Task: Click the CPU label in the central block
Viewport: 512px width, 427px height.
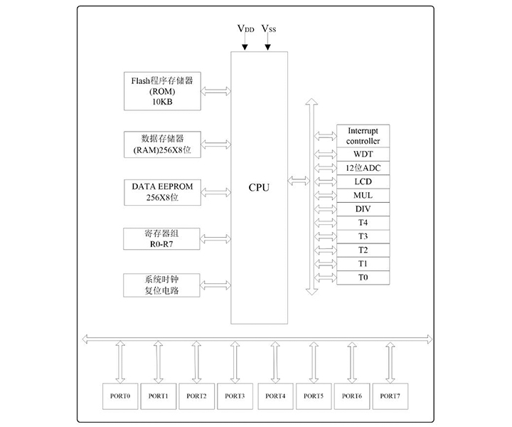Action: (259, 188)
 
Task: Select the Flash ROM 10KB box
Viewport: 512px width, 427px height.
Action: (161, 90)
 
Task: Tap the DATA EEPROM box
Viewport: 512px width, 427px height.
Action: (161, 191)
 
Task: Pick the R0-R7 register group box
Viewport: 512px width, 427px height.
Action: (161, 238)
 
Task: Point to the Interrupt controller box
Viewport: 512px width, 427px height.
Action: (363, 136)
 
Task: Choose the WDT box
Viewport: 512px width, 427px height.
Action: (363, 154)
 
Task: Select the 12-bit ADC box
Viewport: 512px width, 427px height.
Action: (363, 168)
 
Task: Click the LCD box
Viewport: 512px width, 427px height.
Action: (363, 181)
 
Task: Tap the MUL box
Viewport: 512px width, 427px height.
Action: (363, 195)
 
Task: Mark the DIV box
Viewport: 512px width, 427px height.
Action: (363, 209)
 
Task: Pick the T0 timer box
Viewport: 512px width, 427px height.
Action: (363, 277)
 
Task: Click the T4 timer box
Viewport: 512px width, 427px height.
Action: (363, 222)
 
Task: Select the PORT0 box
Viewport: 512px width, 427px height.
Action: (119, 394)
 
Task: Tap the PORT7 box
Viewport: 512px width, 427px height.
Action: (389, 394)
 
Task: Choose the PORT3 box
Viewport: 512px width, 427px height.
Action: (235, 394)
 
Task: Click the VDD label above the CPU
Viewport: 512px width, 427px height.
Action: (245, 29)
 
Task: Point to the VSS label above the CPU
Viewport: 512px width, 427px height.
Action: (269, 29)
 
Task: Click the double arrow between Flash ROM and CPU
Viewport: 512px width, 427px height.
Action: (216, 90)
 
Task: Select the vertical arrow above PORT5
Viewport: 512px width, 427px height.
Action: (312, 362)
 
